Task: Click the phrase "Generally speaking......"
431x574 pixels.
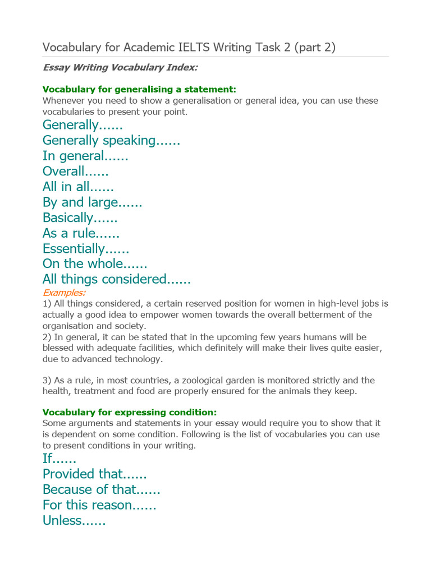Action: coord(111,140)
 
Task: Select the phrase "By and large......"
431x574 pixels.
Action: coord(92,202)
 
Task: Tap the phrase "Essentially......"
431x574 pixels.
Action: coord(86,248)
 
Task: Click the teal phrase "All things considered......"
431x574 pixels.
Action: coord(117,279)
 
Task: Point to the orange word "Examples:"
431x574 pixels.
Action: coord(64,292)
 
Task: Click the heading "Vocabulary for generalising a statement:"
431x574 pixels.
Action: coord(139,89)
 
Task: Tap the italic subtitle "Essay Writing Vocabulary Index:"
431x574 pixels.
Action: coord(120,67)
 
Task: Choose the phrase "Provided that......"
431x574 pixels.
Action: coord(94,474)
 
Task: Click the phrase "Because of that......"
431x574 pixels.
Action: coord(101,489)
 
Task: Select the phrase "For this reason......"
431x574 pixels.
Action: coord(99,505)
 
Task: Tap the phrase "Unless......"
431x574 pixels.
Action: coord(74,521)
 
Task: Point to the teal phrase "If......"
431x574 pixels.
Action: coord(59,459)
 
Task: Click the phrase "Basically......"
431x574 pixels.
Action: coord(80,217)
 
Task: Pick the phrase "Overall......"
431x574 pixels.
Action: coord(75,171)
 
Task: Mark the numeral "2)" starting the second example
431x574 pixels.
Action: coord(47,337)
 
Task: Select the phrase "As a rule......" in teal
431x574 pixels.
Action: coord(81,233)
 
